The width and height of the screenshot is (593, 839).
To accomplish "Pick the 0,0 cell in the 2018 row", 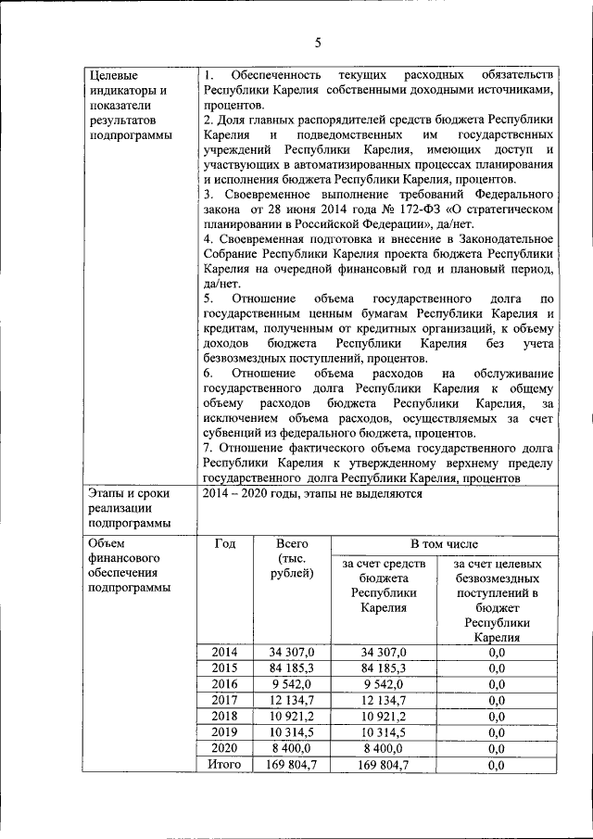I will [x=495, y=717].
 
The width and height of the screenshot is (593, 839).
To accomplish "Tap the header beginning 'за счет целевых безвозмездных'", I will [x=495, y=600].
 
